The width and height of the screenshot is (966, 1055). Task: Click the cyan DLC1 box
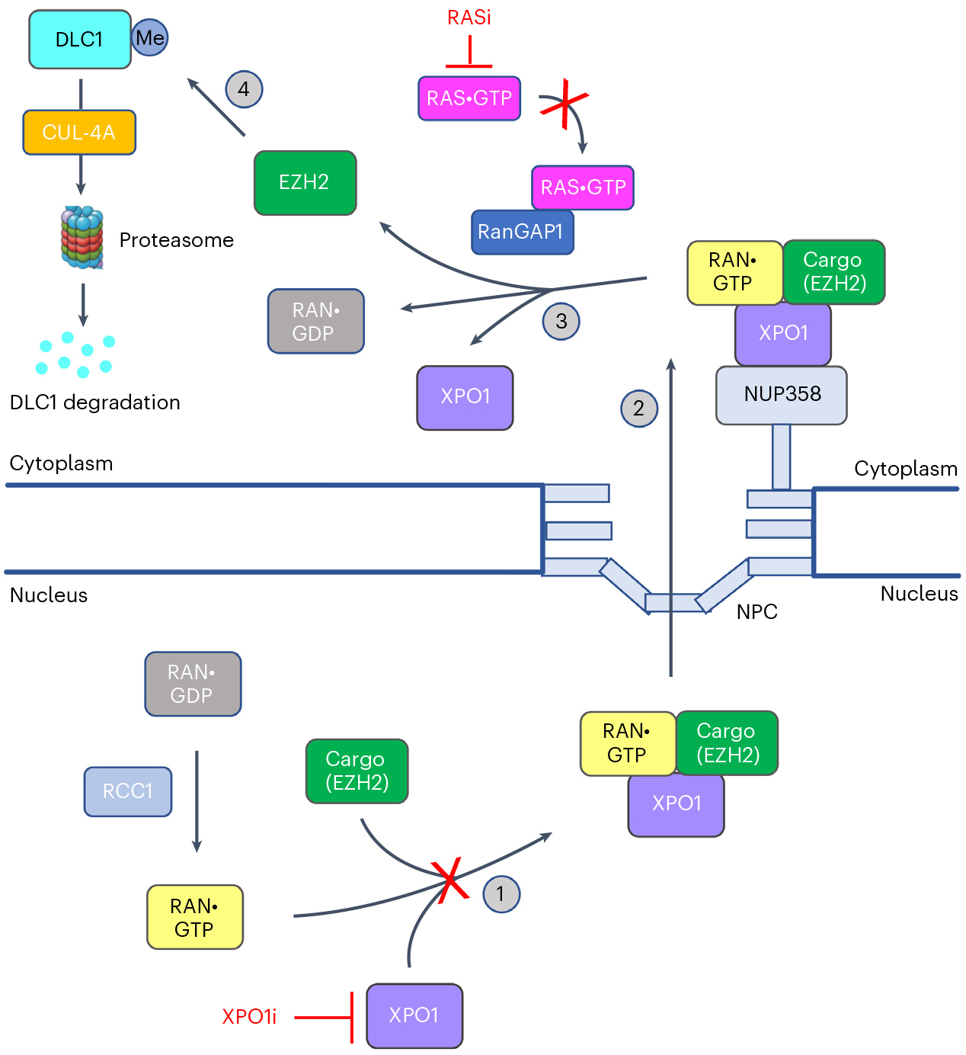tap(79, 40)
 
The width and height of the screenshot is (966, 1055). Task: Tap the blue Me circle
tap(150, 38)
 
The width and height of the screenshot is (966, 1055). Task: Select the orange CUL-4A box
tap(79, 133)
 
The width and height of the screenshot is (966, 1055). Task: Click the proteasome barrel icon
tap(82, 237)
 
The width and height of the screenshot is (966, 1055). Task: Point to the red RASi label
tap(469, 18)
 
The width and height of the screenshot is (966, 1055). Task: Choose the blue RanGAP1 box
tap(522, 232)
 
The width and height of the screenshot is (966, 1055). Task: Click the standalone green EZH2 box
tap(305, 183)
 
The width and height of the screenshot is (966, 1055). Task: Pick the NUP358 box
tap(782, 395)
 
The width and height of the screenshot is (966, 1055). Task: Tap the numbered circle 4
tap(244, 89)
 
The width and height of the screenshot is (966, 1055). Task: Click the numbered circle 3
tap(561, 321)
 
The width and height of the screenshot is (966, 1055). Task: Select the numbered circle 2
tap(638, 408)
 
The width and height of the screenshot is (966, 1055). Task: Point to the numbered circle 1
tap(501, 893)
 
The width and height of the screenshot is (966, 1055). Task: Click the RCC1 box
tap(128, 791)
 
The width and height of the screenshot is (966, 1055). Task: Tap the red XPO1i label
tap(249, 1017)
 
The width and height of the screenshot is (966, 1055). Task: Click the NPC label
tap(756, 611)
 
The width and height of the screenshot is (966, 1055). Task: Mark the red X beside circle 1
tap(450, 879)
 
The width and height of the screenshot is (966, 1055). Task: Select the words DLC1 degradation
tap(95, 402)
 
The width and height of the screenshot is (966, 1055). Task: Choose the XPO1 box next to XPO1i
tap(414, 1015)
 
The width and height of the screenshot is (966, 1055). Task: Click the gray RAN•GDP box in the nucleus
tap(193, 684)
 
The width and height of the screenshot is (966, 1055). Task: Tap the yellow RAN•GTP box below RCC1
tap(195, 917)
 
